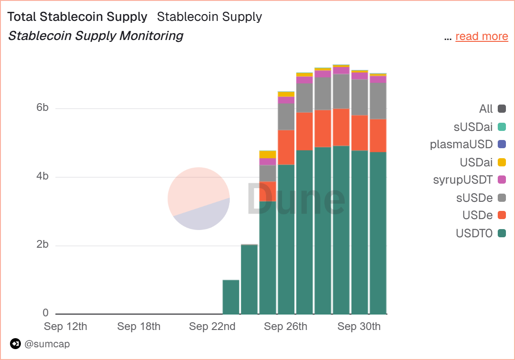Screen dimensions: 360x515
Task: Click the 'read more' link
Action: (x=481, y=36)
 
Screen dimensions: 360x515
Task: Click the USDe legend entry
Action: (x=484, y=215)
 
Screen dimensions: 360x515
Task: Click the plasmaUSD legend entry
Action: (x=468, y=145)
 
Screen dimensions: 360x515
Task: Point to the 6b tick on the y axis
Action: (x=42, y=108)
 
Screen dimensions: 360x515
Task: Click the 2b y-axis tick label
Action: (x=42, y=245)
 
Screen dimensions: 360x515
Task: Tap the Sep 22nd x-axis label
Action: (x=212, y=326)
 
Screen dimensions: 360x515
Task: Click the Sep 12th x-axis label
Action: (x=65, y=326)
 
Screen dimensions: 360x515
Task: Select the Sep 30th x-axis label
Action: (x=359, y=326)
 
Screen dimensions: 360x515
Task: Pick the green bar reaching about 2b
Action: (x=249, y=279)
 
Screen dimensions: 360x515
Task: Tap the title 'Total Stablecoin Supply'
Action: (x=78, y=17)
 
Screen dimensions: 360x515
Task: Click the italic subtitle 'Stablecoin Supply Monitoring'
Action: (x=95, y=36)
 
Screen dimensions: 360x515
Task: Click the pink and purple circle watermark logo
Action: (x=198, y=199)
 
